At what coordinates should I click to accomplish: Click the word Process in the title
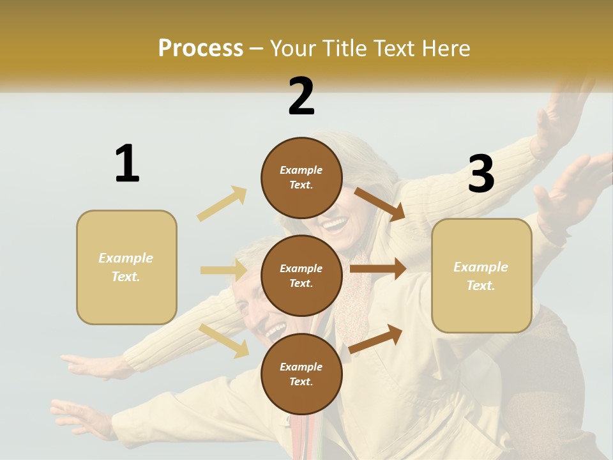(201, 49)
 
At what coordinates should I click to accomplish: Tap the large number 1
(127, 164)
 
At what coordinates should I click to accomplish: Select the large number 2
(301, 96)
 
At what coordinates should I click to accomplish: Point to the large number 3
(481, 174)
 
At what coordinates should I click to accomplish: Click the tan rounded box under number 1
(126, 267)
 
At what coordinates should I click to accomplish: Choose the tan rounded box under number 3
(481, 275)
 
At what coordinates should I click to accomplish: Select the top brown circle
(301, 178)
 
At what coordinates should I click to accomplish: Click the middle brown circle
(301, 275)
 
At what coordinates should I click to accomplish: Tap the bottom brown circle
(301, 374)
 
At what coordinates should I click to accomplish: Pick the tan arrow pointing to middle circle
(223, 270)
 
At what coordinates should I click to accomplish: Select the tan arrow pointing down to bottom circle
(224, 341)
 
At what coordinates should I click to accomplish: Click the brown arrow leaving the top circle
(379, 204)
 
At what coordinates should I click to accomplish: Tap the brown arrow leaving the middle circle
(378, 269)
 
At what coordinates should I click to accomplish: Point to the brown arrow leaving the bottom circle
(376, 339)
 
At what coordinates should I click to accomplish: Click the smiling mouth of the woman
(335, 224)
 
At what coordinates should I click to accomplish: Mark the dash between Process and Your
(257, 49)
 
